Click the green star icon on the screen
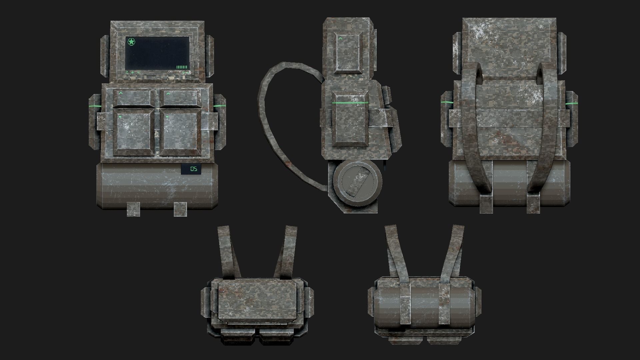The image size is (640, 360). [131, 42]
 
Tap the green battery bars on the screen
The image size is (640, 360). [182, 67]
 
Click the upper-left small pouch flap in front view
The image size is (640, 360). [134, 98]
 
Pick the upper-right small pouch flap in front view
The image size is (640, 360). [180, 98]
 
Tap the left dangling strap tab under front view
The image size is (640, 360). [134, 209]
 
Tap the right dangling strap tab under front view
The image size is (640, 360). [180, 209]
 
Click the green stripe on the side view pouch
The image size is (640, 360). [350, 103]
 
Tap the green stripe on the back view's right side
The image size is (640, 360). [571, 104]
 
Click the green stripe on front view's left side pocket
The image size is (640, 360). [96, 106]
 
